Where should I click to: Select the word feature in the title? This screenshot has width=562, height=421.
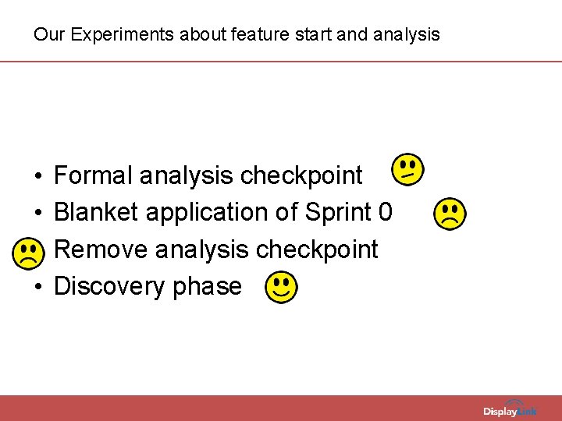click(234, 35)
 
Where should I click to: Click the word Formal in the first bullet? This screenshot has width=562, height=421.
click(93, 175)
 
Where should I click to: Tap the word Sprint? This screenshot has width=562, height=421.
click(339, 212)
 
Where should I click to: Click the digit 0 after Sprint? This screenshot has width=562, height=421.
click(385, 212)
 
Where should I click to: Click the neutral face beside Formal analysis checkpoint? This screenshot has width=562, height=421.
click(407, 169)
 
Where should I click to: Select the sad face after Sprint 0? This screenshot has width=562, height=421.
click(450, 213)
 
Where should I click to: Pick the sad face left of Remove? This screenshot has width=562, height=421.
click(29, 251)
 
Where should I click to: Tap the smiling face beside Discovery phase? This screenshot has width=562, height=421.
click(281, 288)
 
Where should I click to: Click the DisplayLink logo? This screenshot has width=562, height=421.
click(510, 410)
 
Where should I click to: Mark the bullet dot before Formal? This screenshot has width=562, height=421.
click(38, 177)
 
